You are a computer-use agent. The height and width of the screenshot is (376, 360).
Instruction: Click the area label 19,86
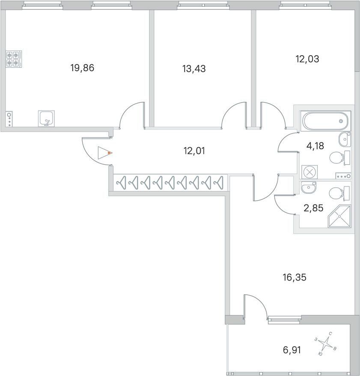click(82, 68)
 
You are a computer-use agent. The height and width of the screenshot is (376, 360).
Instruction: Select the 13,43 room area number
click(194, 69)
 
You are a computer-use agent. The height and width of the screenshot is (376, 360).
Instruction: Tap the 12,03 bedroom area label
click(307, 59)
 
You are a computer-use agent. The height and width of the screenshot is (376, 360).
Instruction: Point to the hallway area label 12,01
click(194, 151)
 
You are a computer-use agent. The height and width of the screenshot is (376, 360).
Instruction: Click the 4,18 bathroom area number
click(315, 145)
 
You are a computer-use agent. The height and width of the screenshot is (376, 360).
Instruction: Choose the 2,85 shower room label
click(313, 208)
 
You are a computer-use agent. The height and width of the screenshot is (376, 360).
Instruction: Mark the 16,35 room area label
click(295, 278)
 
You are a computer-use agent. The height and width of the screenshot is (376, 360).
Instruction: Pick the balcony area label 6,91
click(292, 350)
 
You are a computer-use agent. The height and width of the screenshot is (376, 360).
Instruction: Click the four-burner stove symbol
click(14, 59)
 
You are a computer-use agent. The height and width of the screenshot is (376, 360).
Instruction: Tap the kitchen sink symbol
click(46, 118)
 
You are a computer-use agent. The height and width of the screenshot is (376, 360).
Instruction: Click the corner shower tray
click(339, 216)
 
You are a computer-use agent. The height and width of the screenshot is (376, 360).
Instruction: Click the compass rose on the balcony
click(326, 343)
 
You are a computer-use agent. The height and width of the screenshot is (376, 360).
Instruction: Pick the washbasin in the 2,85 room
click(308, 187)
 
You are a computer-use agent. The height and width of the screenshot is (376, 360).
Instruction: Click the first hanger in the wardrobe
click(122, 183)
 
